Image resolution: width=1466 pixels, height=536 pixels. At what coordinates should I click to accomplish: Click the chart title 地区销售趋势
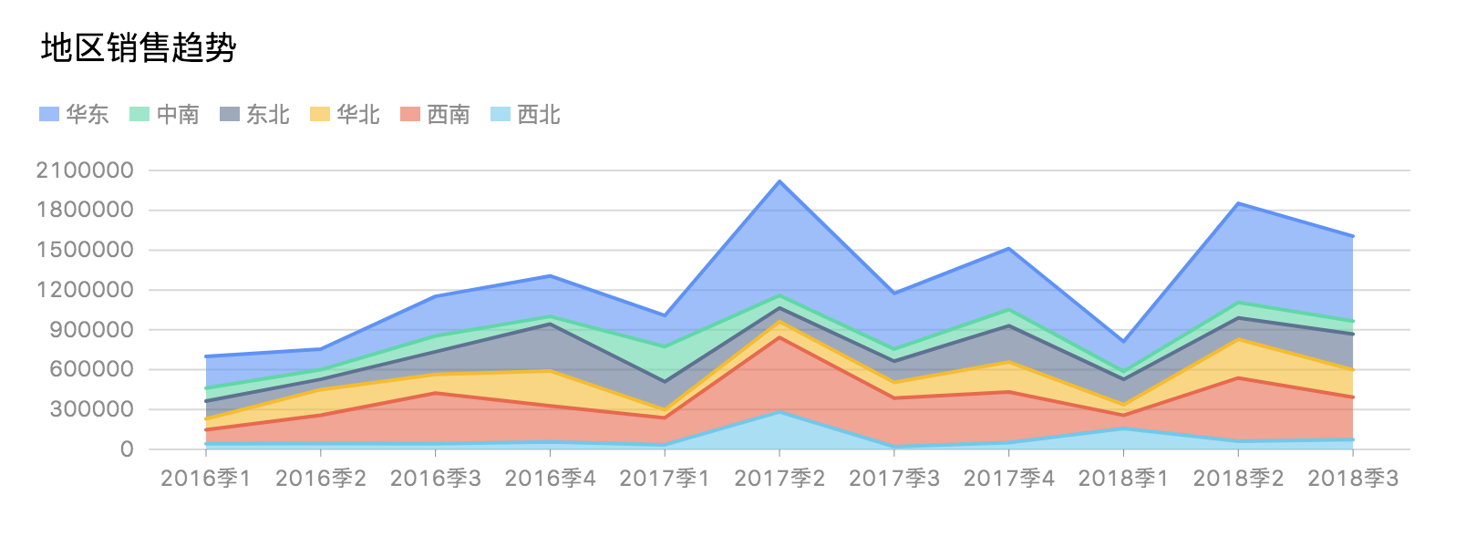pyautogui.click(x=139, y=47)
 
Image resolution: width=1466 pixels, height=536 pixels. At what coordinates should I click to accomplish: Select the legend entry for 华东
pyautogui.click(x=74, y=114)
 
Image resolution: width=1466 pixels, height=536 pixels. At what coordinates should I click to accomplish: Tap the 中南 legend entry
pyautogui.click(x=164, y=114)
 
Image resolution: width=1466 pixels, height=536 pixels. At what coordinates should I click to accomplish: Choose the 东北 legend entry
pyautogui.click(x=254, y=114)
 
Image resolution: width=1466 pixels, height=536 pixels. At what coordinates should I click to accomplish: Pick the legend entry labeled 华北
pyautogui.click(x=345, y=114)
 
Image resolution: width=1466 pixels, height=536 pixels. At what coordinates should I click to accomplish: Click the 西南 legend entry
pyautogui.click(x=435, y=114)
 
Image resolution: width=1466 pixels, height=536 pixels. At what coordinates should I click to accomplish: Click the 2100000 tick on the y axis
pyautogui.click(x=85, y=170)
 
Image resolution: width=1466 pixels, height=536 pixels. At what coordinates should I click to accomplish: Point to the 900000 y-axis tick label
pyautogui.click(x=91, y=330)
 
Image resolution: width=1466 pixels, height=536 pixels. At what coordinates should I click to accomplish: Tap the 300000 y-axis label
pyautogui.click(x=91, y=409)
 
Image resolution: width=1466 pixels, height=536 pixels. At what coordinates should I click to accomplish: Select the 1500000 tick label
pyautogui.click(x=85, y=250)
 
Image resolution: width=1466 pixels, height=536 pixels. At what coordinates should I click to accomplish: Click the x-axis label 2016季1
pyautogui.click(x=206, y=479)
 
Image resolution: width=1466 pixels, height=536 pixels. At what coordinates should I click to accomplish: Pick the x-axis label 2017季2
pyautogui.click(x=779, y=479)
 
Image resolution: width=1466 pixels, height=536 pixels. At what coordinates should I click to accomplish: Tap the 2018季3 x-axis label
pyautogui.click(x=1353, y=479)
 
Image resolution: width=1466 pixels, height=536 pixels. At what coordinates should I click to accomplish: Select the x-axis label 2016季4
pyautogui.click(x=550, y=479)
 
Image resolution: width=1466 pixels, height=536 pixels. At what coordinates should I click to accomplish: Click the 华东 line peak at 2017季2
pyautogui.click(x=779, y=181)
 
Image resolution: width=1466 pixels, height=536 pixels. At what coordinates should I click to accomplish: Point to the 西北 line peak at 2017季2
pyautogui.click(x=779, y=412)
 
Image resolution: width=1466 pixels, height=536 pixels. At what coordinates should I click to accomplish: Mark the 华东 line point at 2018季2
pyautogui.click(x=1238, y=203)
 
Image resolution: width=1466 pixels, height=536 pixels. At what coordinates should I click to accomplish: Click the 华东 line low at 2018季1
pyautogui.click(x=1123, y=341)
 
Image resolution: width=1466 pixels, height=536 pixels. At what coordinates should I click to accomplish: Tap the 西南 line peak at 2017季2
pyautogui.click(x=779, y=337)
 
